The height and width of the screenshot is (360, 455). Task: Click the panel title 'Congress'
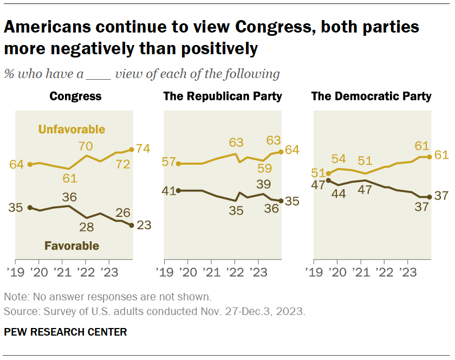click(75, 97)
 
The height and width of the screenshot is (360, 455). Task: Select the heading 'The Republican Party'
click(223, 97)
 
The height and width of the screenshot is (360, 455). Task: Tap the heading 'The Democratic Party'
click(371, 97)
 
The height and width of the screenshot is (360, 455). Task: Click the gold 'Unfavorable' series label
click(71, 129)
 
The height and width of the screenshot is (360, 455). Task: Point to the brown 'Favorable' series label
click(71, 246)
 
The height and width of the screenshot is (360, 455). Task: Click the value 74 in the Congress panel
click(144, 149)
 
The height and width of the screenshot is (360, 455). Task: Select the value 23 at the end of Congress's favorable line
click(144, 226)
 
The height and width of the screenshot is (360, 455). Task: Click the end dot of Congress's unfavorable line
click(131, 149)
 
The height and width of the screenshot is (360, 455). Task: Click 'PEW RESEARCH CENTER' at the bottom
click(65, 332)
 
